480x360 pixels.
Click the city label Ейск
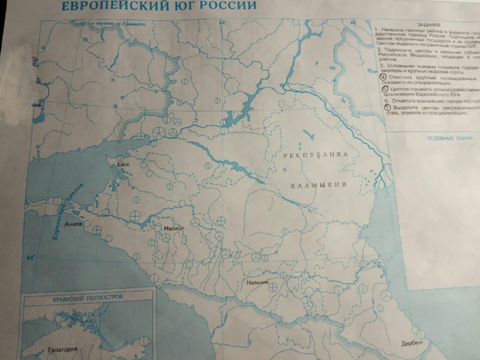pyautogui.click(x=124, y=164)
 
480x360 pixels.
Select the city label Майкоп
pyautogui.click(x=174, y=228)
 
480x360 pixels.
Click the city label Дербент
pyautogui.click(x=413, y=344)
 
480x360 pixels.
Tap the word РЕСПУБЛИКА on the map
pyautogui.click(x=316, y=155)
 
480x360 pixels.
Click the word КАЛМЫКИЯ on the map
pyautogui.click(x=318, y=186)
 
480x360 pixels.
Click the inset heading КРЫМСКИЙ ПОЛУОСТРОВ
pyautogui.click(x=88, y=298)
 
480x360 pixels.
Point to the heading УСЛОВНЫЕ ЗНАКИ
pyautogui.click(x=450, y=138)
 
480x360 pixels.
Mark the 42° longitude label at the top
pyautogui.click(x=222, y=23)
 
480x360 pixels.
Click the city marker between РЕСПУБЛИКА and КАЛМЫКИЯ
pyautogui.click(x=284, y=170)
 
